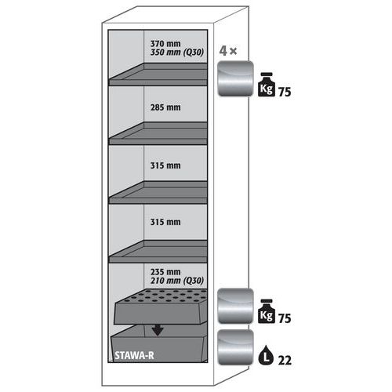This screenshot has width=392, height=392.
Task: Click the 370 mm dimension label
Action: click(x=165, y=43)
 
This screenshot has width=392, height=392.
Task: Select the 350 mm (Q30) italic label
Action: click(x=176, y=53)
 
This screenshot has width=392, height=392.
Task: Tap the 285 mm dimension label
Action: click(x=165, y=107)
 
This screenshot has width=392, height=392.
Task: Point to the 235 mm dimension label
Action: click(x=165, y=272)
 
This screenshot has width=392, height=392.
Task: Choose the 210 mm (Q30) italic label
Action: click(x=176, y=281)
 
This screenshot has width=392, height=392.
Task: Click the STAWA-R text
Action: click(x=134, y=355)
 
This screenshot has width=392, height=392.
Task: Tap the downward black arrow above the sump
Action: click(x=158, y=331)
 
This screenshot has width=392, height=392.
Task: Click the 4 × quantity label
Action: click(x=228, y=51)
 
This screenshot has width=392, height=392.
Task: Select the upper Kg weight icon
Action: click(x=267, y=85)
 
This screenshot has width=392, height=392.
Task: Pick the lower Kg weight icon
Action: click(x=267, y=311)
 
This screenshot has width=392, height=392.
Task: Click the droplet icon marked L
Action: click(x=266, y=355)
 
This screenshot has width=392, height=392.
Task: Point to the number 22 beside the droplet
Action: click(x=285, y=361)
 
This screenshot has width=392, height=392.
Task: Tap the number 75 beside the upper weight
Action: click(x=285, y=92)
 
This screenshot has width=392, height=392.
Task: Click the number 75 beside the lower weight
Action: click(x=285, y=318)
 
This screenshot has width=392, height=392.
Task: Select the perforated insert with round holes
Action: click(x=161, y=307)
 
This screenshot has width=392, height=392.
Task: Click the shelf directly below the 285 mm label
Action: click(x=158, y=133)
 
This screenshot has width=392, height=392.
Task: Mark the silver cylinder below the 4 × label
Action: click(x=235, y=78)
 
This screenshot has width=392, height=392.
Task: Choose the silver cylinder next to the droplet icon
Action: click(x=235, y=347)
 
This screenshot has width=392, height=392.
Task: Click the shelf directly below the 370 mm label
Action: click(x=158, y=74)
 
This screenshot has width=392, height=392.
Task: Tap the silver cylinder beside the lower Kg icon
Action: click(x=235, y=306)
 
